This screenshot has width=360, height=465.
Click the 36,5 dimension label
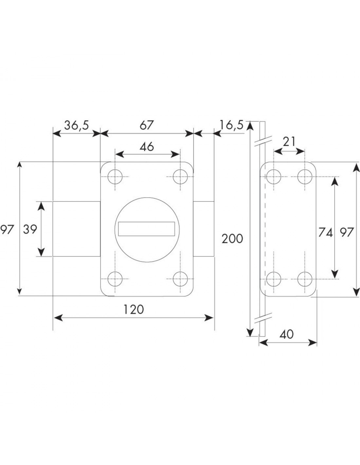click(x=77, y=126)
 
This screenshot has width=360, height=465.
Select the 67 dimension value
click(x=147, y=125)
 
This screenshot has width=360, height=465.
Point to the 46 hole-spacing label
click(x=147, y=147)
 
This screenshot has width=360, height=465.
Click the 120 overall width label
click(x=134, y=309)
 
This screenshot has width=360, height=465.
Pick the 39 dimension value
click(x=30, y=229)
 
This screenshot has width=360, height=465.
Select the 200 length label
click(x=232, y=239)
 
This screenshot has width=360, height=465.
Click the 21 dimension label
click(x=289, y=142)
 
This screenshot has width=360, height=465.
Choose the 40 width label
click(x=287, y=334)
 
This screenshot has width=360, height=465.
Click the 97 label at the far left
click(x=7, y=229)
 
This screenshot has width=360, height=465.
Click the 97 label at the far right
click(x=347, y=232)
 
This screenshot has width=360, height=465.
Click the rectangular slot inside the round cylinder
click(x=147, y=229)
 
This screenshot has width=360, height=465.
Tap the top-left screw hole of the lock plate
click(x=115, y=177)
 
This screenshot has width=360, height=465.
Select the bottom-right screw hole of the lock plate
click(x=180, y=279)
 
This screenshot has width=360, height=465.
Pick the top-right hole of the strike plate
click(x=305, y=177)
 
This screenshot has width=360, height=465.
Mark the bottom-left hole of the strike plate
click(x=274, y=279)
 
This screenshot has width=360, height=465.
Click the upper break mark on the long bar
click(x=263, y=141)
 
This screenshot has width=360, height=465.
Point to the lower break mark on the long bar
click(x=263, y=318)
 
